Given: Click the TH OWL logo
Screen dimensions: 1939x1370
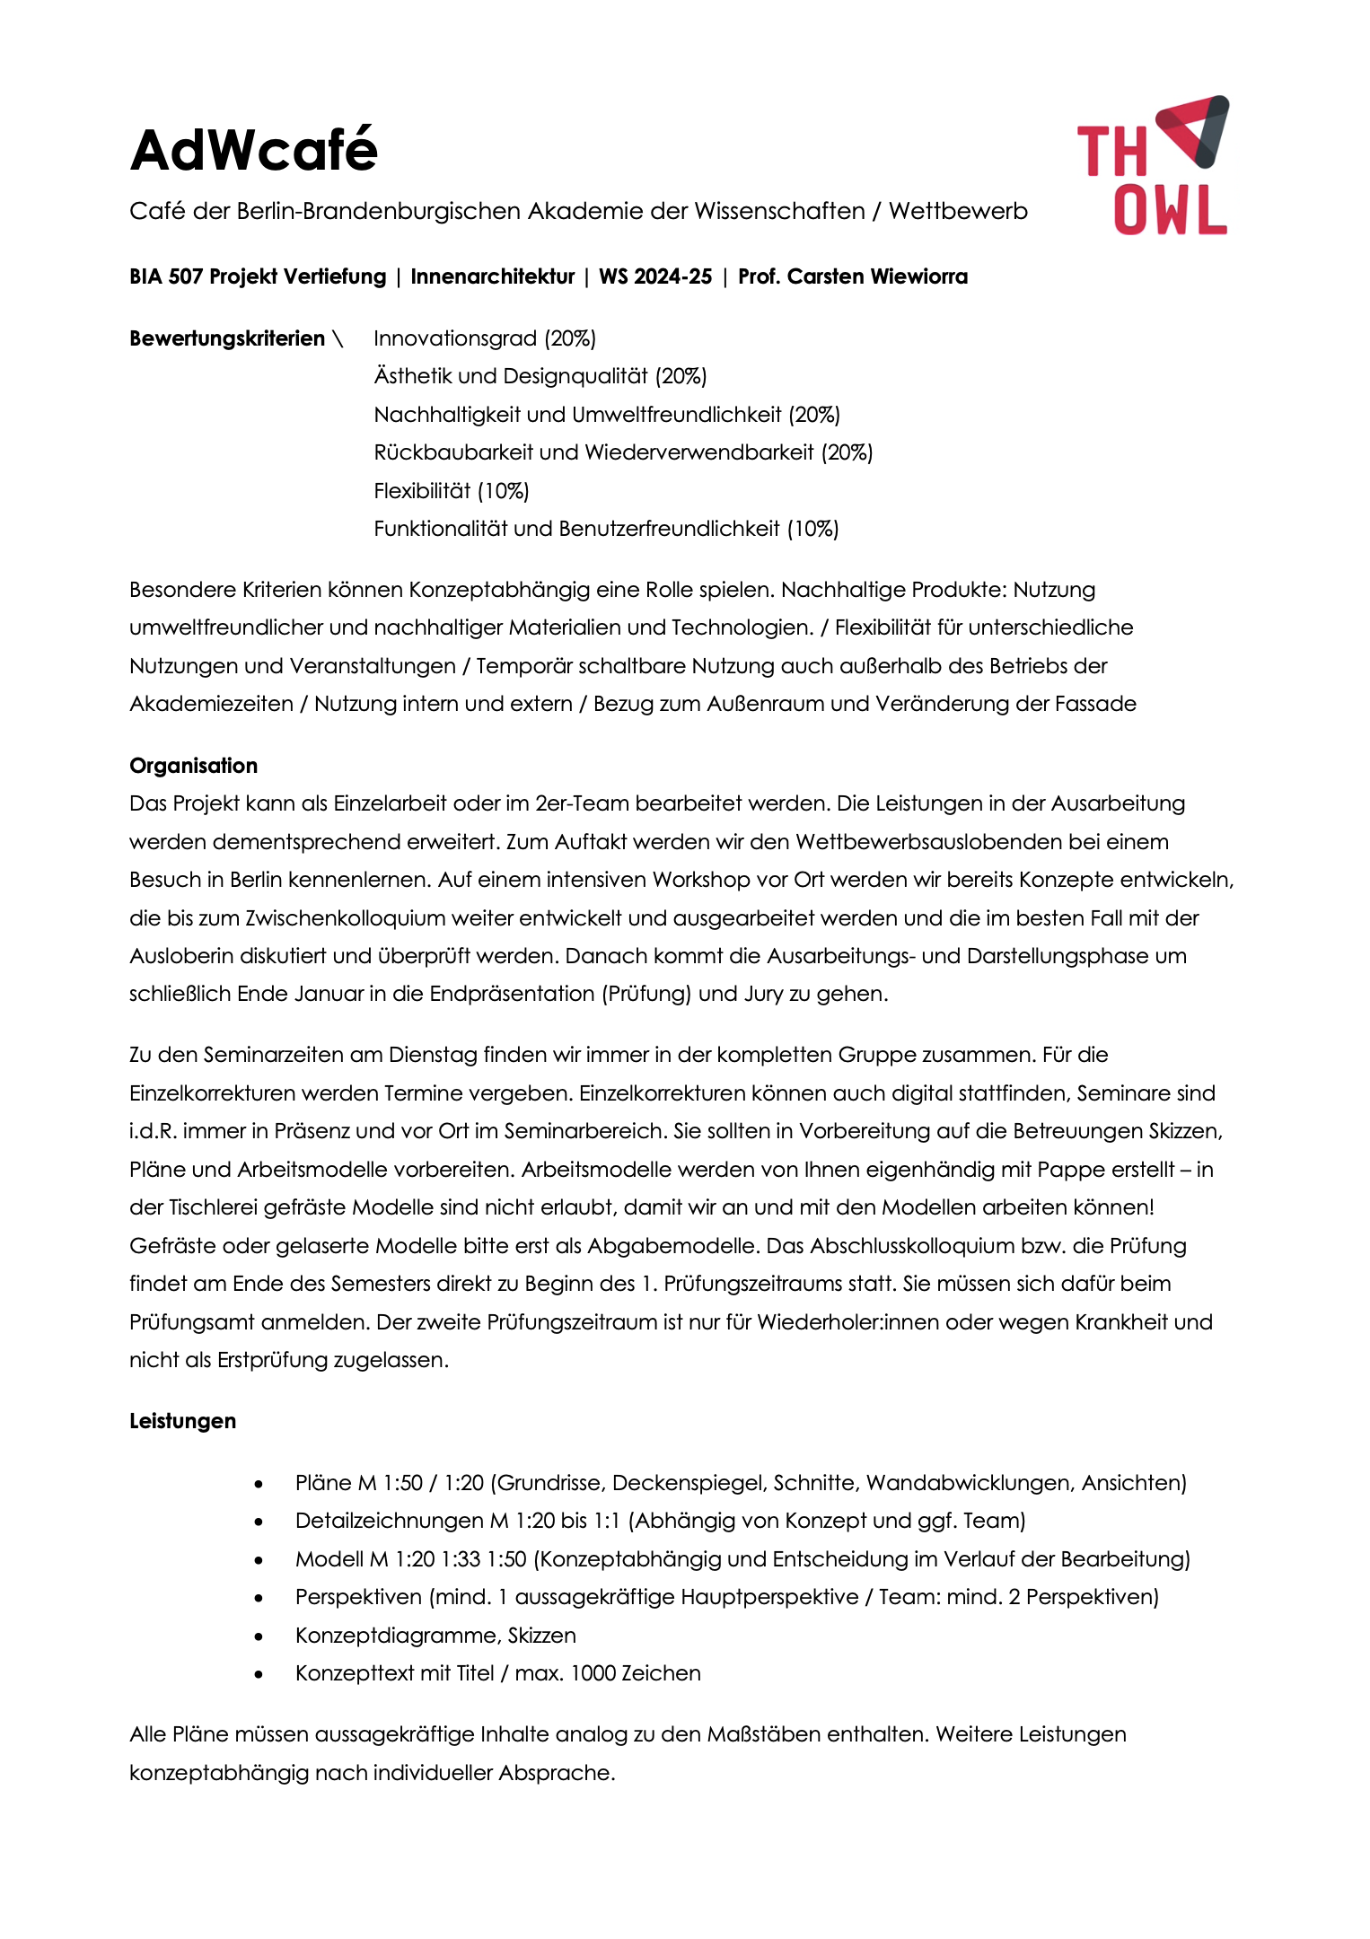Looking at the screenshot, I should (1153, 166).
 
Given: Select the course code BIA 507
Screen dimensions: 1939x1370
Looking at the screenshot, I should (166, 276).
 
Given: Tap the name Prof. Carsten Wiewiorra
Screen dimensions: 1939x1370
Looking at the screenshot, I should (852, 276).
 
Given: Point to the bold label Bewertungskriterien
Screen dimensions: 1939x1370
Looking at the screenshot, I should (227, 338).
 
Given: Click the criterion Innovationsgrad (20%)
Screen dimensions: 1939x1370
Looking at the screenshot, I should (485, 338).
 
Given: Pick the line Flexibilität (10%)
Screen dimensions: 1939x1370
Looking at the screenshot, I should (451, 491).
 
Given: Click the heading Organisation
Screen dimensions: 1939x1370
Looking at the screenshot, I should (193, 766).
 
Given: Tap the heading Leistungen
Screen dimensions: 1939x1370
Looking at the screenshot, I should (182, 1421).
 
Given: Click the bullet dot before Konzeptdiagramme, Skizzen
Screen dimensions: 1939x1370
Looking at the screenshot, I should (259, 1636).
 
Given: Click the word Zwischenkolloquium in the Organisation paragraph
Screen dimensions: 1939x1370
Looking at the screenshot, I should (345, 918).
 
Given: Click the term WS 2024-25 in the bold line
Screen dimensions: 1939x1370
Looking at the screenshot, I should (654, 276).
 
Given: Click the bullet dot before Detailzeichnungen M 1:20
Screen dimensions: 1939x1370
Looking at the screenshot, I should (259, 1522).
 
